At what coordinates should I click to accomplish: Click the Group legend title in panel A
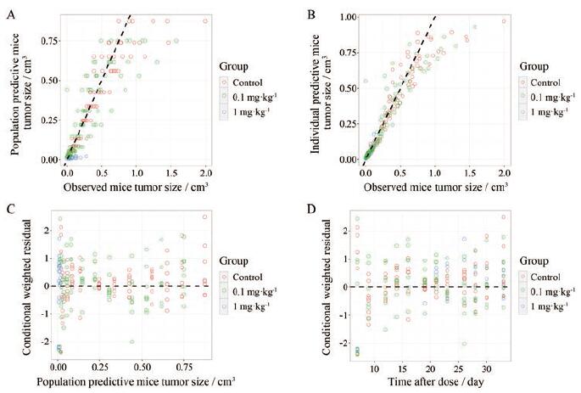click(231, 65)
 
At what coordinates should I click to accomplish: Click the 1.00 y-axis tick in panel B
click(345, 16)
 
